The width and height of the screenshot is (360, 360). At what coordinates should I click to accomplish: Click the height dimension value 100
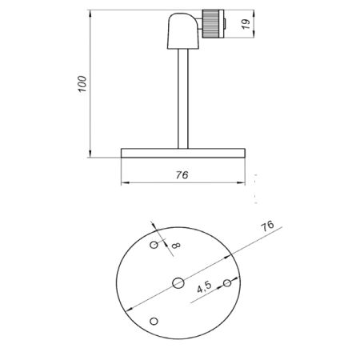coord(82,85)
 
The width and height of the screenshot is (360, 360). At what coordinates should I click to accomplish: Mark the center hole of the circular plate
coord(178,282)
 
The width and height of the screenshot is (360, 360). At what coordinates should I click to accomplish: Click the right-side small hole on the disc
coord(227,282)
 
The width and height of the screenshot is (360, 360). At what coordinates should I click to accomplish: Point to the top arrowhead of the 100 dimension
coord(90,13)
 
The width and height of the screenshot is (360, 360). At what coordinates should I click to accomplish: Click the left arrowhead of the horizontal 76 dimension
coord(124,183)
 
